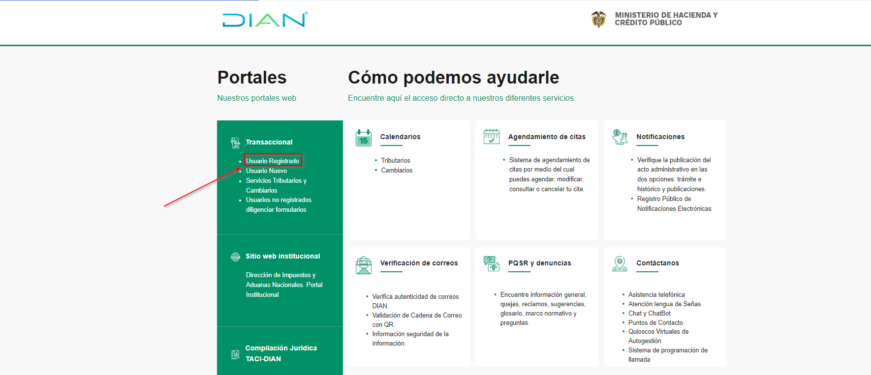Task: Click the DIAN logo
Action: (x=265, y=20)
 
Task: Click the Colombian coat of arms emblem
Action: (x=598, y=19)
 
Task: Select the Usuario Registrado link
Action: (x=273, y=161)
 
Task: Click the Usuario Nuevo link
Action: (x=266, y=171)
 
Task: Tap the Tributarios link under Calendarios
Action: (x=395, y=160)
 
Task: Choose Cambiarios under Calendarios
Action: (x=397, y=170)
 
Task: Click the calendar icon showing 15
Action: (x=364, y=138)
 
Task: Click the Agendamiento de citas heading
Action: (x=547, y=137)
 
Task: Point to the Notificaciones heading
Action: (x=660, y=137)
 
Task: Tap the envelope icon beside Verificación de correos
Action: (x=364, y=265)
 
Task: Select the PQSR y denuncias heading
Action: (x=539, y=263)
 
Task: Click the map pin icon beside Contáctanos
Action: (x=620, y=263)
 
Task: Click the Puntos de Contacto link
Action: (x=655, y=322)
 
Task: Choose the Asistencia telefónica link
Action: (x=656, y=294)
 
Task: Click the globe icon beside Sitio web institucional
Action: (x=235, y=257)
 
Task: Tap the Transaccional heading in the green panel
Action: (x=269, y=142)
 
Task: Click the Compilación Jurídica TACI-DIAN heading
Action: (x=281, y=353)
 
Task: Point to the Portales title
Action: (x=252, y=78)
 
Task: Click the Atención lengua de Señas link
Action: (x=664, y=304)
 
